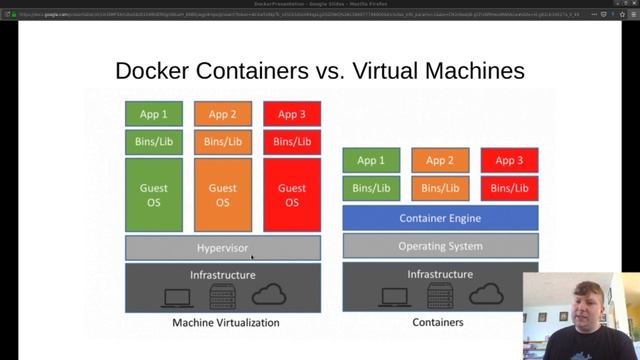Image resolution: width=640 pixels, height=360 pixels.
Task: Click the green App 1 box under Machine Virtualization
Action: (x=153, y=114)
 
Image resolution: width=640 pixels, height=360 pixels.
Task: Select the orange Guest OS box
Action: (x=222, y=194)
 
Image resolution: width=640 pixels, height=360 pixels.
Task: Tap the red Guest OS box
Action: (x=292, y=194)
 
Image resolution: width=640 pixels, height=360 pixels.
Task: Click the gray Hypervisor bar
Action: (x=222, y=247)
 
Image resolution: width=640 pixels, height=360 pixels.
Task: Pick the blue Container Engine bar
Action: (x=440, y=218)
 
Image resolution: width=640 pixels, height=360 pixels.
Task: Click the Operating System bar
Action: (x=440, y=246)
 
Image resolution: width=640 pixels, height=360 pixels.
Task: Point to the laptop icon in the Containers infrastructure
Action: (x=384, y=294)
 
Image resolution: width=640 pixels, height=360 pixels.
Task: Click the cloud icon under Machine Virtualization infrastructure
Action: (x=270, y=294)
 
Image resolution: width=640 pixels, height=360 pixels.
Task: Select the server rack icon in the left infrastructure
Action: (x=222, y=295)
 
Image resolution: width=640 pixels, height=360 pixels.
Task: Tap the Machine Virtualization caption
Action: (x=226, y=323)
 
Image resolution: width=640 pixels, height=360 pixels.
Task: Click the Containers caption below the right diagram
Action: (x=438, y=323)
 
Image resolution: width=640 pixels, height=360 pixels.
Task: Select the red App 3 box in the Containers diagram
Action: (x=509, y=160)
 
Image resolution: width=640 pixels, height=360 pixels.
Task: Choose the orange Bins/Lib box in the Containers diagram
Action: (x=440, y=188)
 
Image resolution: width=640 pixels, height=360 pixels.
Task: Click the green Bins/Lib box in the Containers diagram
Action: (x=371, y=188)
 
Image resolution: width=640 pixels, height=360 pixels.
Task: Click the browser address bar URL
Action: (x=300, y=14)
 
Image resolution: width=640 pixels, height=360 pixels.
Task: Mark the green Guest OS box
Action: (x=153, y=194)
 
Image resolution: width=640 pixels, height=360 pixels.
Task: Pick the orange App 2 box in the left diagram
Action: (x=222, y=114)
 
